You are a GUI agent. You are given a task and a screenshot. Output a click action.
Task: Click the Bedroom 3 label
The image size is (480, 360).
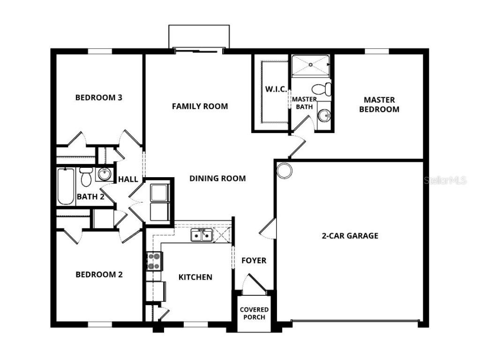click(x=99, y=97)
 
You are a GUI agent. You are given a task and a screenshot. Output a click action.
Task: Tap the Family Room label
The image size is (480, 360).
click(x=200, y=106)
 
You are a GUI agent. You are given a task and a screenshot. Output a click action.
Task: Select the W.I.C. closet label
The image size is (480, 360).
click(x=276, y=89)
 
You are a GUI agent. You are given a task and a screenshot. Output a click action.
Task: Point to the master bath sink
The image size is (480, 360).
click(x=323, y=115)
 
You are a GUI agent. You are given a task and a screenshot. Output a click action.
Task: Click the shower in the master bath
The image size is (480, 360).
click(x=310, y=66)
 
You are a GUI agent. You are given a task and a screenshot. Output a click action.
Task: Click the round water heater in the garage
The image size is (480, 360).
click(x=284, y=170)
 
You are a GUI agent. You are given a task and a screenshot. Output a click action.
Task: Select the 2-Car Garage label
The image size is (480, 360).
click(x=350, y=236)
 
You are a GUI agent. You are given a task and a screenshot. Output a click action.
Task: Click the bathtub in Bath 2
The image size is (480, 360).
click(x=66, y=186)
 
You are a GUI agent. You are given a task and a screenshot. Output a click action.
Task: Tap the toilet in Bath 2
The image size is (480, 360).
click(x=85, y=177)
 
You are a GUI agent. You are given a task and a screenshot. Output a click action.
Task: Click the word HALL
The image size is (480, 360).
click(x=128, y=179)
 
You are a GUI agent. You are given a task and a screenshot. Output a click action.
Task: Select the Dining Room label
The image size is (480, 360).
click(x=217, y=178)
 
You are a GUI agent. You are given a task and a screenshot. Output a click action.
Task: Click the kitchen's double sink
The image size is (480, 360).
click(x=202, y=235)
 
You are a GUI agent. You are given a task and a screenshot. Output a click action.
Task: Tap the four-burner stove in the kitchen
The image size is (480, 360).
click(x=154, y=261)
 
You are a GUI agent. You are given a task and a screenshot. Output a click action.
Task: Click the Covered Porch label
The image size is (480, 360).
click(x=254, y=313)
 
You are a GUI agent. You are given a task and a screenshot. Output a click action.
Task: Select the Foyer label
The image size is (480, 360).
click(x=254, y=261)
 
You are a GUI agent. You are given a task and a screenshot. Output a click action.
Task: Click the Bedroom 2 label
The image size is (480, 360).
click(x=99, y=275)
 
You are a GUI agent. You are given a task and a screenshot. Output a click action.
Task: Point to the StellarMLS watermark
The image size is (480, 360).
click(x=445, y=180)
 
